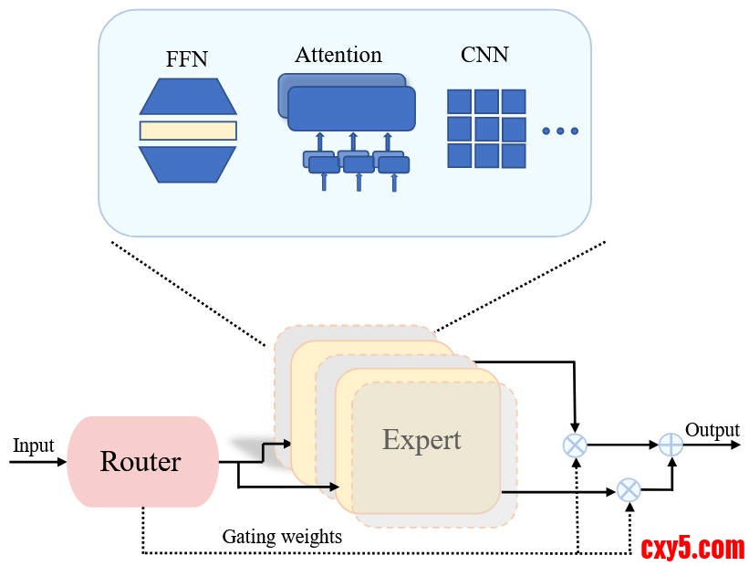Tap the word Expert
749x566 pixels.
pos(421,440)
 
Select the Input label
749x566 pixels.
pos(33,445)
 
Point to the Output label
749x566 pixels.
pos(712,430)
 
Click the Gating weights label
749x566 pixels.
pos(282,537)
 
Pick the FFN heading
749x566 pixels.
pos(188,60)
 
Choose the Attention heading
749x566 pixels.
pos(338,55)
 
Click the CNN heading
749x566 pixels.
pos(484,54)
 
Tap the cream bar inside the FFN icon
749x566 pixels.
pos(188,131)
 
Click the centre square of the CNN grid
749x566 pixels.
pos(486,128)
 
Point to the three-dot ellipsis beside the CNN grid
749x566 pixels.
pos(560,131)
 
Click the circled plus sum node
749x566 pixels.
pos(671,445)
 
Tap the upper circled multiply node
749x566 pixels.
pos(575,445)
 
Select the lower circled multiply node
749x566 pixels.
pos(629,490)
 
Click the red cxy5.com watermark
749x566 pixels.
pos(692,549)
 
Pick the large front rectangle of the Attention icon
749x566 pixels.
pos(351,108)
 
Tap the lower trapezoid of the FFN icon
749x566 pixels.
pos(188,162)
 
